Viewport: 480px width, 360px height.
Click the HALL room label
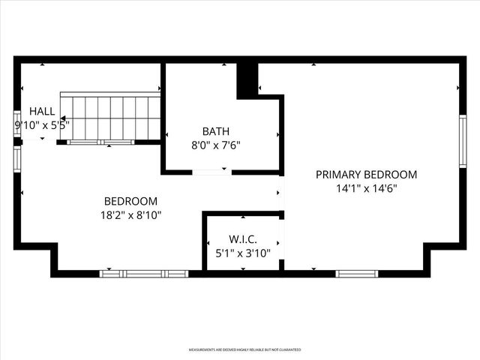[42, 110]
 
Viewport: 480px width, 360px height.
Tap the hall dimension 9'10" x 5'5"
[42, 125]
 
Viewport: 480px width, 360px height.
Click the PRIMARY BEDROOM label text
[366, 174]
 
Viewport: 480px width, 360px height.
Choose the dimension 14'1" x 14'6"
[366, 189]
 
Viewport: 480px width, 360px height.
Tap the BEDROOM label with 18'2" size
[130, 201]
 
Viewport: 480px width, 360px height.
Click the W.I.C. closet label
[243, 238]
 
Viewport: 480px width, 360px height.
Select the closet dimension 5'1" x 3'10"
[243, 253]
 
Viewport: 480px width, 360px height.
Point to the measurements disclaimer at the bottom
[244, 349]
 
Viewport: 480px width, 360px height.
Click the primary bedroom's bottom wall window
[356, 274]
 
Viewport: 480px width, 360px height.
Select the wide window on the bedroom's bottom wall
[144, 274]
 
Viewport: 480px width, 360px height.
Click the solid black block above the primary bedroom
[247, 79]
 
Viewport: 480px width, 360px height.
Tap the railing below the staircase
[101, 142]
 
